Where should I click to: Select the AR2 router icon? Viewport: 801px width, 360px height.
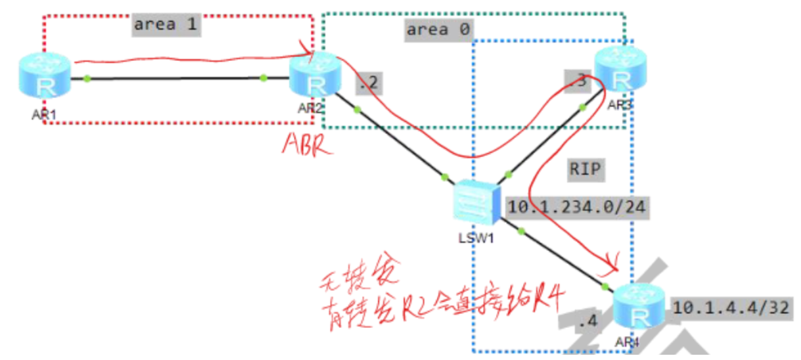pyautogui.click(x=317, y=79)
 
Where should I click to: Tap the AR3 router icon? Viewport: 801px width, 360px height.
pyautogui.click(x=621, y=73)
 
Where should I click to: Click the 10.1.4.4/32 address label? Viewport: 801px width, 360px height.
pyautogui.click(x=729, y=309)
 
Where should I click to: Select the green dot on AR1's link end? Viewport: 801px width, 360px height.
pyautogui.click(x=86, y=79)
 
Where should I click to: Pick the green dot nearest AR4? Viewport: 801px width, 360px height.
pyautogui.click(x=605, y=286)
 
